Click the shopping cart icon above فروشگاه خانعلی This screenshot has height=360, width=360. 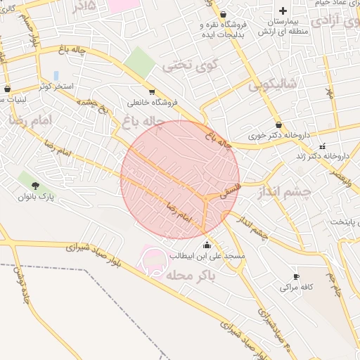[152, 91]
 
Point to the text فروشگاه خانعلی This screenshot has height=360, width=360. [152, 102]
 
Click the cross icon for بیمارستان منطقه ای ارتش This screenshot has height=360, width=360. [283, 11]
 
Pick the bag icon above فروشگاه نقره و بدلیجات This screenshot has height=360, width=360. [223, 14]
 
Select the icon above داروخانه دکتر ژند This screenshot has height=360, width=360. [322, 146]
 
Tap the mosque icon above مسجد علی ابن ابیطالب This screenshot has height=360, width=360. [207, 245]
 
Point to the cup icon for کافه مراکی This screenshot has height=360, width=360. [296, 276]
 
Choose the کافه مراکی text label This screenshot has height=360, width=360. [296, 287]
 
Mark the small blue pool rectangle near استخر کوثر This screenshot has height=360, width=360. [56, 75]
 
